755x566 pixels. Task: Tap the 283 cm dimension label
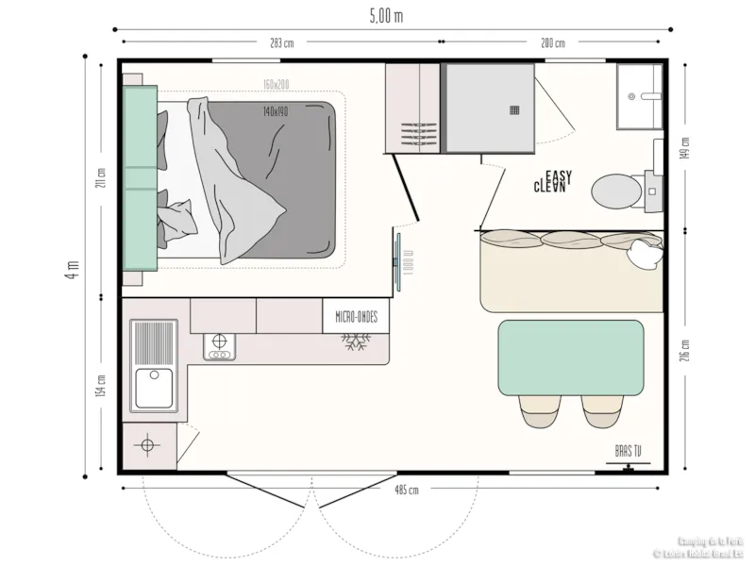pyautogui.click(x=281, y=43)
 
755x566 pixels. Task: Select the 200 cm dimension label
pyautogui.click(x=553, y=43)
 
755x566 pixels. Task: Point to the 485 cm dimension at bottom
pyautogui.click(x=407, y=491)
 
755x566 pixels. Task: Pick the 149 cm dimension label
pyautogui.click(x=686, y=148)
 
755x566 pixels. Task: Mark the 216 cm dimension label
pyautogui.click(x=686, y=349)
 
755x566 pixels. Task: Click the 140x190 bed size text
pyautogui.click(x=277, y=111)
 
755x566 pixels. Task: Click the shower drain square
pyautogui.click(x=515, y=109)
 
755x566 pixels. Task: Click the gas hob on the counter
pyautogui.click(x=219, y=346)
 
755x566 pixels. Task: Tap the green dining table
pyautogui.click(x=571, y=356)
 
